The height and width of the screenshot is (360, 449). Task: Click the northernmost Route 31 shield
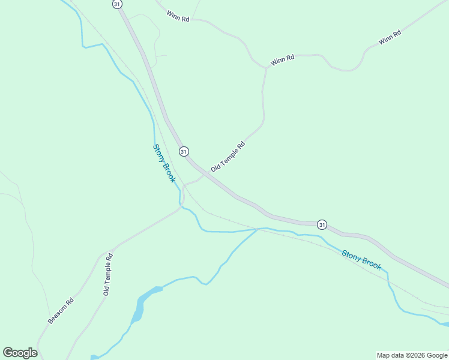tap(116, 4)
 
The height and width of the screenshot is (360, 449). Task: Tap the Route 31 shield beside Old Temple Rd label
tap(183, 151)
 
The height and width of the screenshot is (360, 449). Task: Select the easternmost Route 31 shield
tap(322, 224)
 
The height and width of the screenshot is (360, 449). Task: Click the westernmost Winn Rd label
tap(178, 16)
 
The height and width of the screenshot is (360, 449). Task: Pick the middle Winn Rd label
tap(282, 61)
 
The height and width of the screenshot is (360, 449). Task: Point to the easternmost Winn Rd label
tap(390, 37)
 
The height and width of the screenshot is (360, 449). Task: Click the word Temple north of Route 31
tap(229, 155)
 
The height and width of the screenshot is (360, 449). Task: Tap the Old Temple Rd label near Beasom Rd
tap(108, 274)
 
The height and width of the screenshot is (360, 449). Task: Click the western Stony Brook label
tap(164, 163)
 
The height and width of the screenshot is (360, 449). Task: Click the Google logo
tap(20, 353)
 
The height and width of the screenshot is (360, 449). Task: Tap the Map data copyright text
tap(412, 355)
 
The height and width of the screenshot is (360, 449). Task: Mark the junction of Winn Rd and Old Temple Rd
tap(266, 68)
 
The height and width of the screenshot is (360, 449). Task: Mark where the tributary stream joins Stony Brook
tap(259, 229)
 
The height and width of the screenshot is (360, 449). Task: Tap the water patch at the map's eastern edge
tap(444, 325)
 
